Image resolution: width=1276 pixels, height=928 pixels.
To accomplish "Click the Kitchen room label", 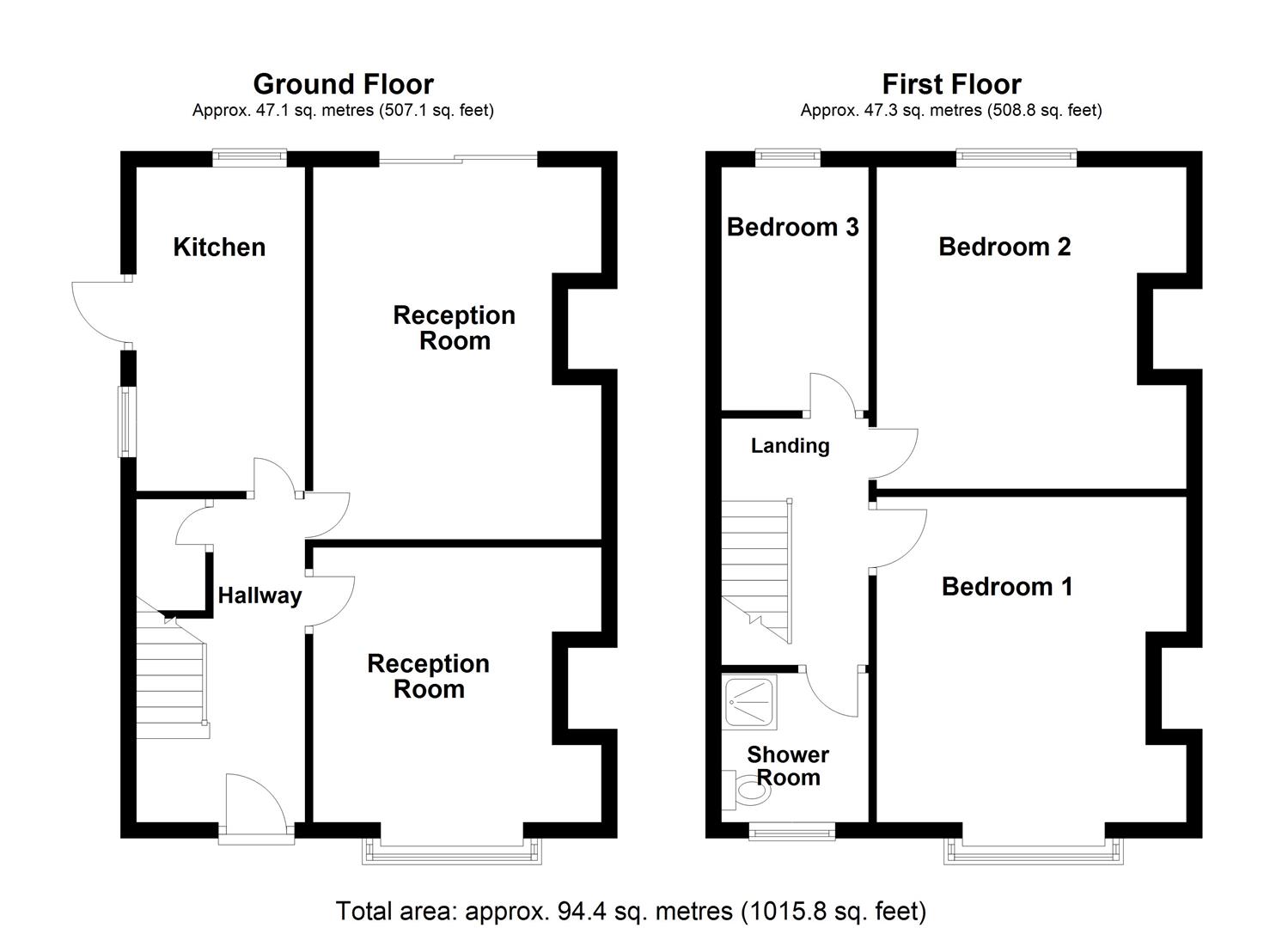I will click(219, 247).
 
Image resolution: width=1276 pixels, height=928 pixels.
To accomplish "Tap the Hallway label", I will click(259, 595).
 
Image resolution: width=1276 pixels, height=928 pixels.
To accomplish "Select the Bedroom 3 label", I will click(792, 227).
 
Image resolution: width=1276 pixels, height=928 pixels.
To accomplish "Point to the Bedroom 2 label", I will click(1004, 247).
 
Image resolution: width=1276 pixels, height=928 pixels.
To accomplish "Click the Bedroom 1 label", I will click(1007, 587).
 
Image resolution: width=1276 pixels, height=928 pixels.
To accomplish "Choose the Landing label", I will click(790, 445).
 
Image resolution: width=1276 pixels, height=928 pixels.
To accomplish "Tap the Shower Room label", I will click(788, 766).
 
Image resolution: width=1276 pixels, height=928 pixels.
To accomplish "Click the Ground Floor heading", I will click(343, 84).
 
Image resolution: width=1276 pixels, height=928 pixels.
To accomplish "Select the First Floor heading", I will click(951, 84).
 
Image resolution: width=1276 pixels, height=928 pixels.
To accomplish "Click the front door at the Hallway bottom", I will click(254, 805).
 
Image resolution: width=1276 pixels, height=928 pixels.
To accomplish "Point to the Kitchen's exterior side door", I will click(99, 311).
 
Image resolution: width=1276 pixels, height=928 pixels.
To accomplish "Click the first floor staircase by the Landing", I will click(754, 567).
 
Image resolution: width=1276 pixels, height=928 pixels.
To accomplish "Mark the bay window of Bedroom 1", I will click(1034, 850).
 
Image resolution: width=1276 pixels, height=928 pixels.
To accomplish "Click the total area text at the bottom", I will click(631, 910).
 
